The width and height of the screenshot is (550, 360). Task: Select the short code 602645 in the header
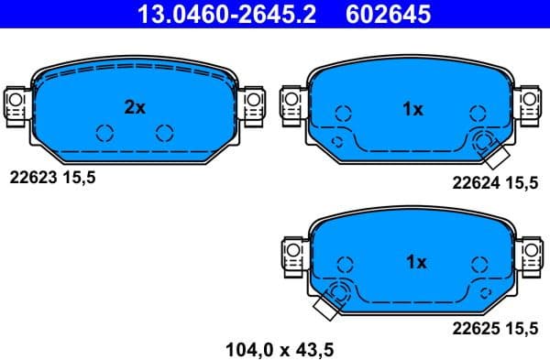[x=386, y=13]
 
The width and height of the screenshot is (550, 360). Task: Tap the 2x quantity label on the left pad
[x=135, y=107]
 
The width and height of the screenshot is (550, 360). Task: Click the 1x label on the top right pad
[x=412, y=110]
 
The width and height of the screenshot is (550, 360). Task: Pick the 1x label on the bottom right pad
[x=415, y=262]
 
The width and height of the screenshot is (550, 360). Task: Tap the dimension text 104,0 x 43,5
[x=279, y=348]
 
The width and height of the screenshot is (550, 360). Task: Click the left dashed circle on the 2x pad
[x=104, y=132]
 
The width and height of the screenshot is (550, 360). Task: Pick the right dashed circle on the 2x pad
[x=165, y=132]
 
